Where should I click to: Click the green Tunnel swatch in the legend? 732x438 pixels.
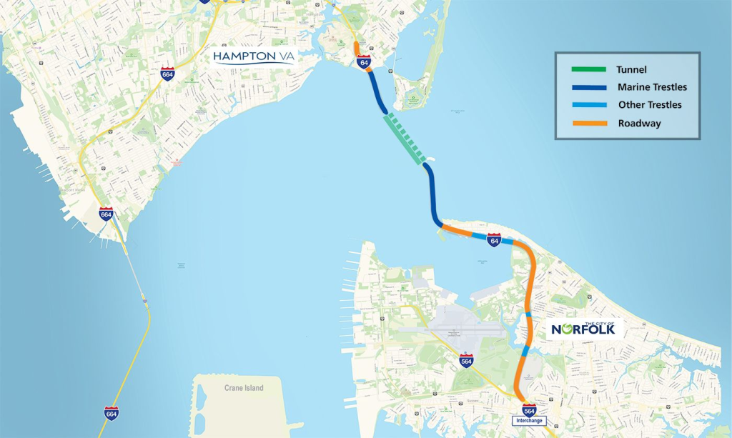[589, 69]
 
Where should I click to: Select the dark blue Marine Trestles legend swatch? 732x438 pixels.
[589, 87]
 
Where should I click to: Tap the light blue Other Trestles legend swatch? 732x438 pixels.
[589, 105]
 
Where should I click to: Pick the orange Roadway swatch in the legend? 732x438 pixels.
[589, 123]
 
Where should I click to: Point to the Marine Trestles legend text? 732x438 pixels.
[652, 87]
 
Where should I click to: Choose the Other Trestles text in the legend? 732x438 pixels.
[650, 105]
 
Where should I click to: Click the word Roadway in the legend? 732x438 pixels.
[639, 123]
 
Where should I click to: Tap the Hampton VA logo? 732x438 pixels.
[254, 56]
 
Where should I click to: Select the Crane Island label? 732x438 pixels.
[239, 388]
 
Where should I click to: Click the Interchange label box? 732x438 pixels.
[530, 421]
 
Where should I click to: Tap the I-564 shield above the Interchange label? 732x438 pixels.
[530, 409]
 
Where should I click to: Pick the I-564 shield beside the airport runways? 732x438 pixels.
[466, 360]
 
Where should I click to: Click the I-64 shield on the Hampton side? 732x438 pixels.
[364, 61]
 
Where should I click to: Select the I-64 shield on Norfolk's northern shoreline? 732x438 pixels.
[494, 240]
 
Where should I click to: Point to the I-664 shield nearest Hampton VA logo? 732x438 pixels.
[167, 74]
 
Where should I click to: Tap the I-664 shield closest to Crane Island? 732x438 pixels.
[111, 413]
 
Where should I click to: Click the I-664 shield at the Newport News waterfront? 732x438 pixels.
[106, 213]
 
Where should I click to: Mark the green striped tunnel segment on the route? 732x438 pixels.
[405, 138]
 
